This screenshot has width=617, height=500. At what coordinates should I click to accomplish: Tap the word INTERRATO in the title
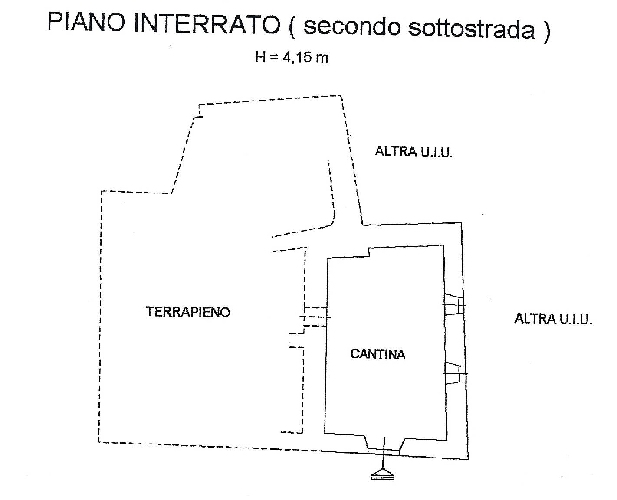[206, 24]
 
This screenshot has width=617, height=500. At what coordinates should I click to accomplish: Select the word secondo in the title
[352, 26]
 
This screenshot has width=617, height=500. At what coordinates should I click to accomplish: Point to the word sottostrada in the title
[471, 29]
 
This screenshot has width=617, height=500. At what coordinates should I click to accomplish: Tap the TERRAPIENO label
[188, 312]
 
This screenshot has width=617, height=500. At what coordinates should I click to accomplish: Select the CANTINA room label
[378, 354]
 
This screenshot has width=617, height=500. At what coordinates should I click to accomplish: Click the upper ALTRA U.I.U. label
[414, 152]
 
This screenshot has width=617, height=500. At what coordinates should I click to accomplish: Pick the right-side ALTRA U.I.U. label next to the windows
[553, 319]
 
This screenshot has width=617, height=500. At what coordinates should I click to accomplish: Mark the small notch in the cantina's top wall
[369, 252]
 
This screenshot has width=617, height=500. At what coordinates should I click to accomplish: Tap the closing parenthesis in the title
[546, 31]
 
